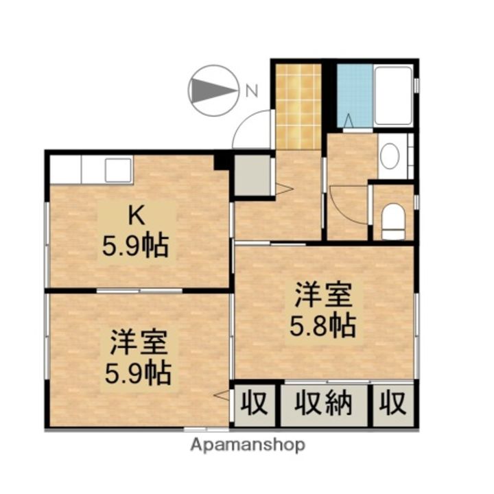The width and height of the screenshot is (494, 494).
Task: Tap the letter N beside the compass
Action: pos(251,89)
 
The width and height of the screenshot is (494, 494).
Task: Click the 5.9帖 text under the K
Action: pos(135,245)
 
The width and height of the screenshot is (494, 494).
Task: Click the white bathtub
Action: pos(393,95)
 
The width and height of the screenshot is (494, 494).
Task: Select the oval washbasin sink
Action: pos(390,156)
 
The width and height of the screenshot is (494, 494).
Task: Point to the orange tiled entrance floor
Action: pos(298,106)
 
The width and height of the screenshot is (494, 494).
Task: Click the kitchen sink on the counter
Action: pos(117,169)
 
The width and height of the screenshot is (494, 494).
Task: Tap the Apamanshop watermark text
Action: pos(248,445)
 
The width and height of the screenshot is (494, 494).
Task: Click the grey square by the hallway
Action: pos(252,175)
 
